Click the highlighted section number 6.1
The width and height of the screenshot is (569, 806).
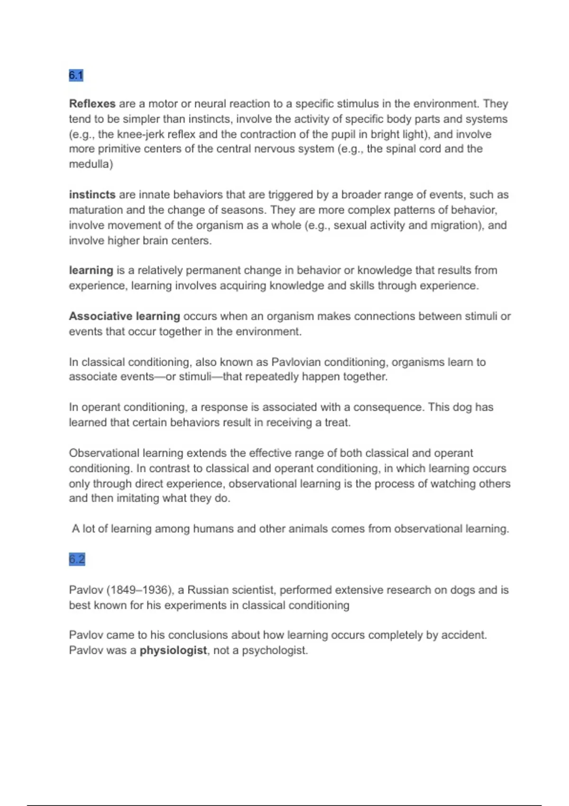[76, 75]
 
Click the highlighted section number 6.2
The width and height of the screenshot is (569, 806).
[77, 559]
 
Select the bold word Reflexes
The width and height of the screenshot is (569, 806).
[92, 104]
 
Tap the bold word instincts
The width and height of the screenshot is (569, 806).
[92, 195]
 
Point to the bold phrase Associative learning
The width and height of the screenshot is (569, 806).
[124, 316]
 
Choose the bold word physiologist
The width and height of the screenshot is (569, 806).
[173, 650]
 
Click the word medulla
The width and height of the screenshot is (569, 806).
[90, 165]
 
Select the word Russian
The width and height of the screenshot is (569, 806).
[207, 590]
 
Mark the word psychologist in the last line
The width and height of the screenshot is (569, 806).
[274, 650]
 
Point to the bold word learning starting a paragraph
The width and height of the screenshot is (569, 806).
[91, 271]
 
